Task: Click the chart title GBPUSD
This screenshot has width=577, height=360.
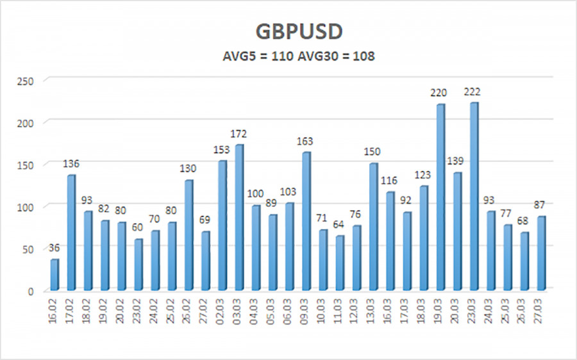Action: (x=288, y=32)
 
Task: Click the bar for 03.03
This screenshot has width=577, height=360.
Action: (x=238, y=217)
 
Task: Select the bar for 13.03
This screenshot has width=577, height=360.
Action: (x=372, y=227)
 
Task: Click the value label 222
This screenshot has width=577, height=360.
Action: (x=473, y=92)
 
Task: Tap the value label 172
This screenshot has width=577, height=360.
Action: (x=238, y=134)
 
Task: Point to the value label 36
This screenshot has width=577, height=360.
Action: (x=54, y=248)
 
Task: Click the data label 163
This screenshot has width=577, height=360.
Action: (x=306, y=141)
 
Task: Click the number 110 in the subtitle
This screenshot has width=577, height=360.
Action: (x=282, y=56)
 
